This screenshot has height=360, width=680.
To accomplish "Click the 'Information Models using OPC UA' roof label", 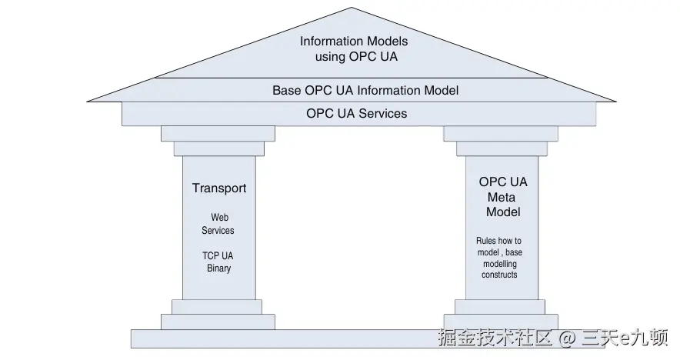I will coord(354,48).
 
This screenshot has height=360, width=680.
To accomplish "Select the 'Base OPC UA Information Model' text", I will coord(365,90).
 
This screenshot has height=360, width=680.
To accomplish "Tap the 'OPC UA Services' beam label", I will coord(357,114).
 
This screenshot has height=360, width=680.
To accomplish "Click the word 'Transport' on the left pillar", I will coord(219,188).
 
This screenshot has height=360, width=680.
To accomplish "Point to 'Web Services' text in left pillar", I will coord(218,224).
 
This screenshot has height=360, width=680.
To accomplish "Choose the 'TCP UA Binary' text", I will coord(218,262).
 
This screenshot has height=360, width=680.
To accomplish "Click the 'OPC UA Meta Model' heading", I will coord(503,197).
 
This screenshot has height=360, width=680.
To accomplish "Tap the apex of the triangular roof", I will coord(352,8).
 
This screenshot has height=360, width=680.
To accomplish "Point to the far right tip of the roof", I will coord(615,101).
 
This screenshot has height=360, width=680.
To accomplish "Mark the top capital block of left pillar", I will coord(218,134).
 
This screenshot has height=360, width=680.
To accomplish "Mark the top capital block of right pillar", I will coord(501,134).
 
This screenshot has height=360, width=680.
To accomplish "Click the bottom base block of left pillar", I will coord(218,322).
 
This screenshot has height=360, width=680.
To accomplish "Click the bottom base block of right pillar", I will coord(501,322).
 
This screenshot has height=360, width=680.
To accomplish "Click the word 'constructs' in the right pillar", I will coord(499,275).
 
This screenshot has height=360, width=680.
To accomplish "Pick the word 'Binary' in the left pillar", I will coord(218,268).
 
